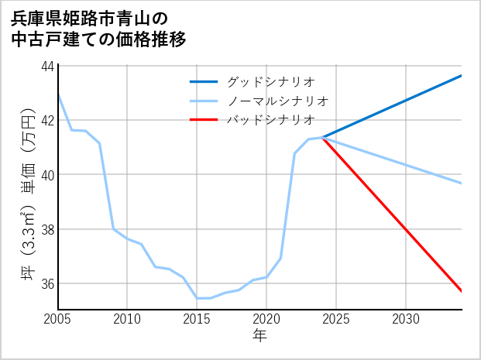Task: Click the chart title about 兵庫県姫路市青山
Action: coord(99,29)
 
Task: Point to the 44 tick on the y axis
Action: coord(48,66)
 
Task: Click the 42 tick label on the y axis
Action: coord(48,120)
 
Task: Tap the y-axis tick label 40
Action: coord(48,175)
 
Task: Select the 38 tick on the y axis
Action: coord(48,229)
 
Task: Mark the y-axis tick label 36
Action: coord(48,283)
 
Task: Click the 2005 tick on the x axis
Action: coord(58,319)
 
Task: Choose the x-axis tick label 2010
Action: coord(128,319)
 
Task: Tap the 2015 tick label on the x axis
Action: coord(198,319)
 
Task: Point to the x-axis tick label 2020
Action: coord(266,319)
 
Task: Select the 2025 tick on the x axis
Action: coord(336,319)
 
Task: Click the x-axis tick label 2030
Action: coord(406,319)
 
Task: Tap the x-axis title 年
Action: coord(259,336)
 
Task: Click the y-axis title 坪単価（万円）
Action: coord(28,187)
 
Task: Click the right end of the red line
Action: coord(462,291)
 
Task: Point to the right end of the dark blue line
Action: coord(462,75)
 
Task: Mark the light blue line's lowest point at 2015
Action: coord(198,298)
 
